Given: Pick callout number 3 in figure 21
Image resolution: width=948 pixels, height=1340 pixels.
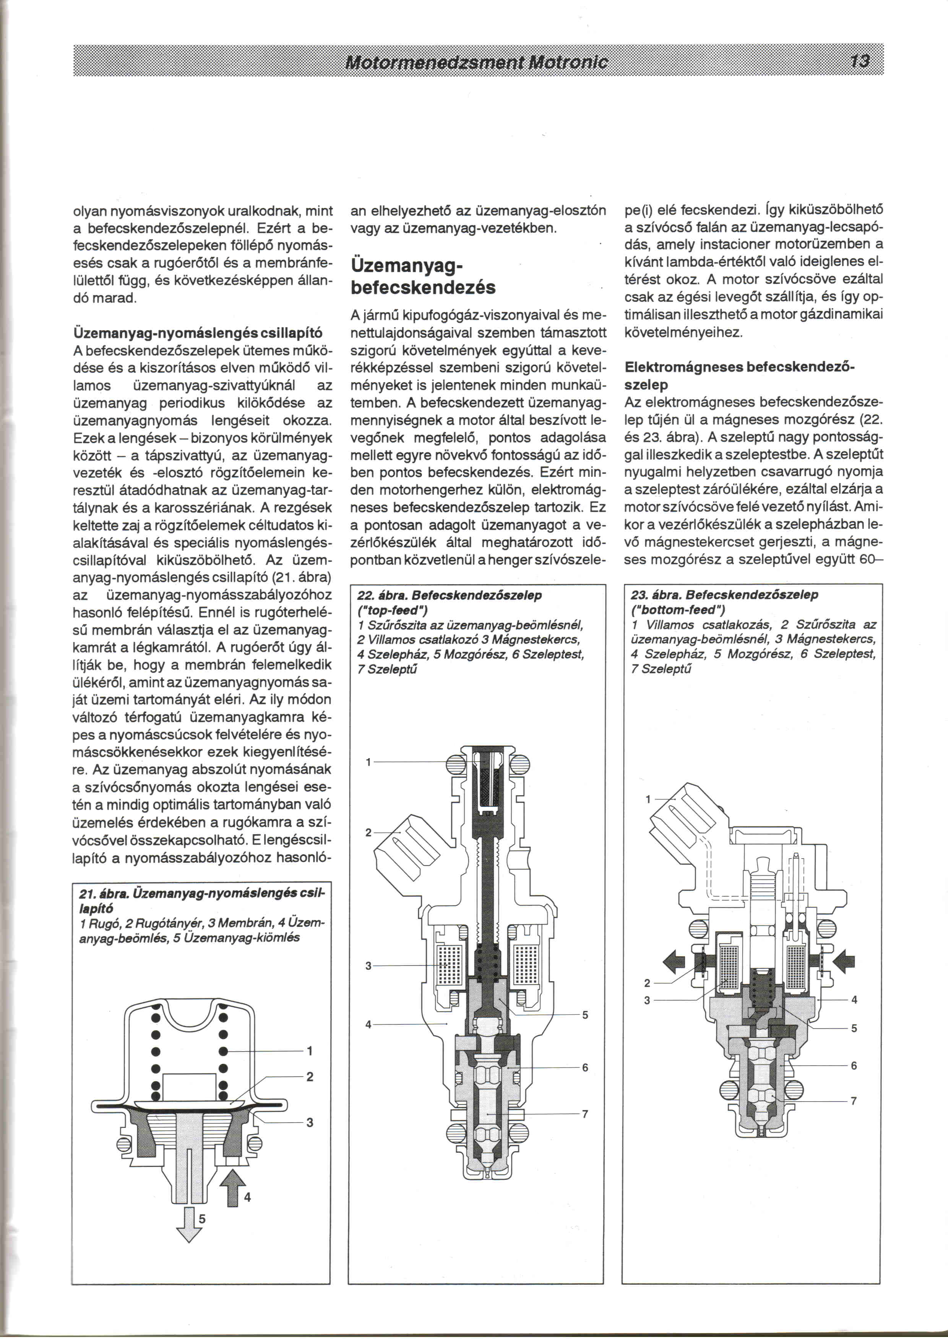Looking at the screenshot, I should pyautogui.click(x=309, y=1122).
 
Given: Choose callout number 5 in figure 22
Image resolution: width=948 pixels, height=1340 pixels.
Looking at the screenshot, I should pyautogui.click(x=585, y=1015).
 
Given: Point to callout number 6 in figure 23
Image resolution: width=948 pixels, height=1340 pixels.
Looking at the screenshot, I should pyautogui.click(x=854, y=1066).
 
